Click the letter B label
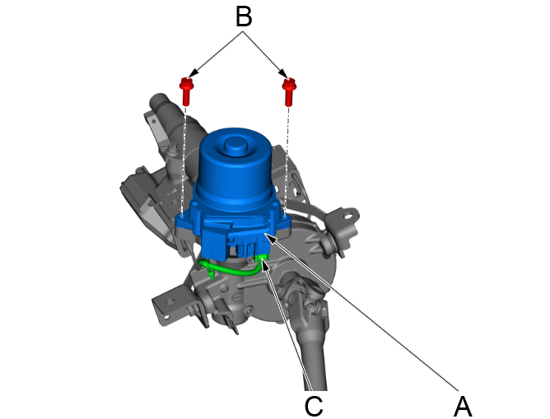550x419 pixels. pyautogui.click(x=243, y=16)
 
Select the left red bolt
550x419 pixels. pyautogui.click(x=187, y=88)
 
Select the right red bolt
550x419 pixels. pyautogui.click(x=289, y=88)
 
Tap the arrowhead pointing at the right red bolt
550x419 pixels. pyautogui.click(x=285, y=74)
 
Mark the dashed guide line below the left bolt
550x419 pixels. pyautogui.click(x=185, y=156)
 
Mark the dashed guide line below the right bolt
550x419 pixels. pyautogui.click(x=287, y=156)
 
